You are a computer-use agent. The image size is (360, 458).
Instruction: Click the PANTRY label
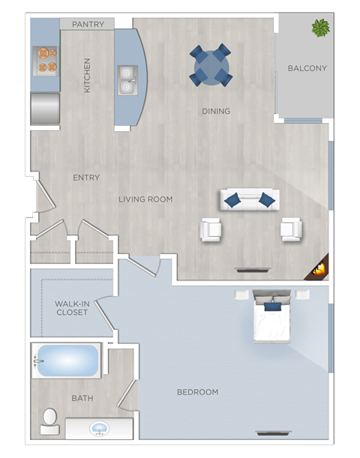point(88,25)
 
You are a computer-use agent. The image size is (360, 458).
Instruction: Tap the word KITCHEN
point(87,76)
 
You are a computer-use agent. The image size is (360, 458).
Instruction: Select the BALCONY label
point(307,69)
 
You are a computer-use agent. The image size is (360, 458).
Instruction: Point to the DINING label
point(216,112)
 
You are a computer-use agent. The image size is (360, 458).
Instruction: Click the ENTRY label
point(86,178)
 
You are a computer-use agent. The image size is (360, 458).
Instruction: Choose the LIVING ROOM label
point(145,199)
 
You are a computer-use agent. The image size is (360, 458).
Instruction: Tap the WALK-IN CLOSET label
point(72,308)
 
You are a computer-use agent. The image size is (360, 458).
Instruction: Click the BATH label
point(82,398)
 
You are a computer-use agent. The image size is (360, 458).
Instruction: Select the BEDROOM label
point(197,392)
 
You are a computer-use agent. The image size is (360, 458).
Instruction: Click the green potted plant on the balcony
point(321,28)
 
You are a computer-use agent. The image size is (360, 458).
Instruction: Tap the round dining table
point(210,66)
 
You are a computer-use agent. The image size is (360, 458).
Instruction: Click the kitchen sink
point(127,79)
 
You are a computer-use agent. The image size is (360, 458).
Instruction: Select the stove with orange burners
point(45,61)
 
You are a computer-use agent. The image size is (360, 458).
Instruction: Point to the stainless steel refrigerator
point(45,108)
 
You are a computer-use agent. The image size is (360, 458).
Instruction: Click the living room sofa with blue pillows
point(250,199)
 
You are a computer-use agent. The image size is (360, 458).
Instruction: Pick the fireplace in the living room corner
point(319,268)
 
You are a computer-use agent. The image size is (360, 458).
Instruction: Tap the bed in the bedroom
point(271,318)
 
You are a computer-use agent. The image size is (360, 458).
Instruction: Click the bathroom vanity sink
point(99,429)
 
